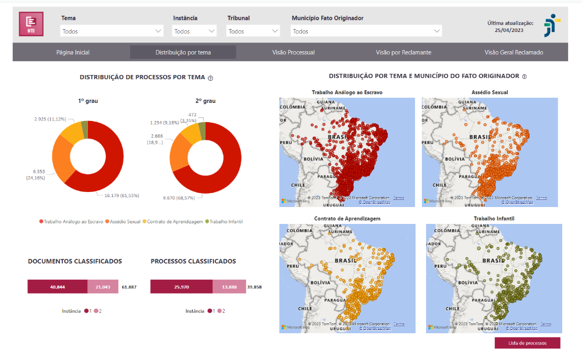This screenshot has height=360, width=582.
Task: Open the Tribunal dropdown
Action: click(x=254, y=31)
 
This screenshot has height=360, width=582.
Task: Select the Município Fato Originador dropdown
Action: click(x=366, y=31)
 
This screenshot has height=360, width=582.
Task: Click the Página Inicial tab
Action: click(x=73, y=52)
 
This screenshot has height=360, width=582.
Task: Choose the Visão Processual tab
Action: click(x=293, y=52)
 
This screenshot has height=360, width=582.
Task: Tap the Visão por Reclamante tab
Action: click(x=403, y=52)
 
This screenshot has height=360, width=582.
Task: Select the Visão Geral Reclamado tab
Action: click(x=513, y=52)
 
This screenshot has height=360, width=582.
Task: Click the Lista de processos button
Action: click(x=527, y=343)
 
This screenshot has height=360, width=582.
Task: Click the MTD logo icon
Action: click(x=31, y=24)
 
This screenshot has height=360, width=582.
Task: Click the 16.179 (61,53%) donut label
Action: click(x=121, y=195)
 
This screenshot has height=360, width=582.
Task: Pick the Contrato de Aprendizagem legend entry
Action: click(x=175, y=222)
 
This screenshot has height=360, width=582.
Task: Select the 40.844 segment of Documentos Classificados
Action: click(x=57, y=287)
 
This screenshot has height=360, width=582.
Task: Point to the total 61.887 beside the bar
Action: click(x=129, y=287)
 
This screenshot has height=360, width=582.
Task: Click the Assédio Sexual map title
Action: click(x=489, y=92)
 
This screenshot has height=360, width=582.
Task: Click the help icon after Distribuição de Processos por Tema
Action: click(x=211, y=78)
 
